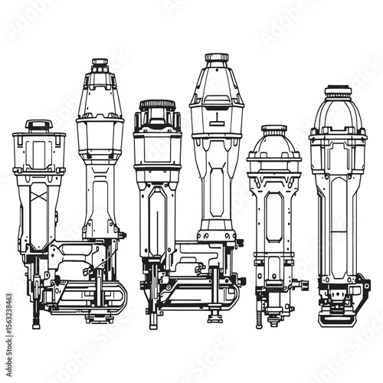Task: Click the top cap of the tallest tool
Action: [x=217, y=58]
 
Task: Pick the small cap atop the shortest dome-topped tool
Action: [x=273, y=129]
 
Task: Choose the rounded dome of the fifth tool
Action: [x=273, y=144]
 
